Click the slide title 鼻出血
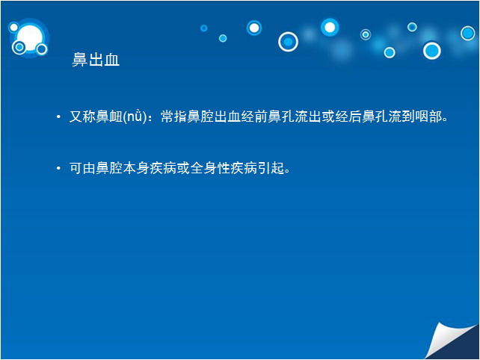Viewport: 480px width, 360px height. [96, 59]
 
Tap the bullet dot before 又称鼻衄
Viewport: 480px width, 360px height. [58, 117]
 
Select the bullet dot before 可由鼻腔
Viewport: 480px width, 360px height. [58, 168]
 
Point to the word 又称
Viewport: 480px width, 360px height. [82, 117]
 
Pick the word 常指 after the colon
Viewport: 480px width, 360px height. [174, 117]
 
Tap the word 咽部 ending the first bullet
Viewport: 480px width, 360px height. [428, 117]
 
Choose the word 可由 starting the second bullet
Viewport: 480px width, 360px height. [82, 167]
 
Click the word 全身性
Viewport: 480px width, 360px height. [210, 167]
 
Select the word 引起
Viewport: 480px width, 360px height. [271, 167]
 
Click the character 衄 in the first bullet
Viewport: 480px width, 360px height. [116, 117]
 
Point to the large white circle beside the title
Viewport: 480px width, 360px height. [30, 38]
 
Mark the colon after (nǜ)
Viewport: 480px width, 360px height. [150, 117]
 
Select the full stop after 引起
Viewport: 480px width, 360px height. [287, 172]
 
